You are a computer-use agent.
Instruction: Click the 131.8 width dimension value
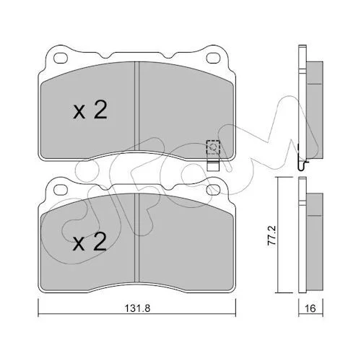(137, 308)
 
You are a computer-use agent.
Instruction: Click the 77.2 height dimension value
(271, 235)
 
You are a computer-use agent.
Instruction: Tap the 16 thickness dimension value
(310, 308)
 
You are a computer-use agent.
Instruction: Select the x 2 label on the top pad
(90, 110)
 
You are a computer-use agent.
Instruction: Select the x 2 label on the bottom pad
(90, 242)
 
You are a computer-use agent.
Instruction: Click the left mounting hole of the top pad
(61, 58)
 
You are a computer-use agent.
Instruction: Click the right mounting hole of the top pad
(214, 58)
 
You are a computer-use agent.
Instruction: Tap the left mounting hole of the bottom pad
(61, 190)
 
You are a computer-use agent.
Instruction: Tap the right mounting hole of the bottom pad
(214, 190)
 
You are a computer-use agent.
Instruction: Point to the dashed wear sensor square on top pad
(213, 147)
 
